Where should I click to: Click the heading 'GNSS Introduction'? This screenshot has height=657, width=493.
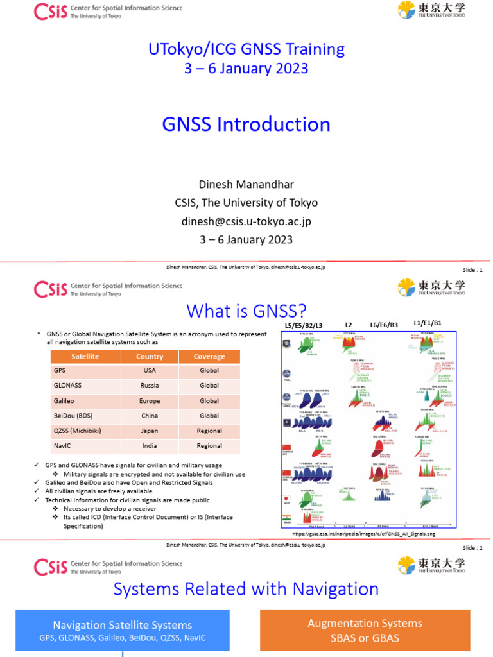pos(246,124)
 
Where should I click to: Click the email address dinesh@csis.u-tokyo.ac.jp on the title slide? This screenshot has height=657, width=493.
pos(246,221)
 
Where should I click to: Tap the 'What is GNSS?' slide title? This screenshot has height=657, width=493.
pos(246,311)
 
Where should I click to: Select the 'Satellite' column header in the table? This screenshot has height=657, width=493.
pos(85,356)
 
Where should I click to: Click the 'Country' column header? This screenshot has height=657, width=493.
pos(150,356)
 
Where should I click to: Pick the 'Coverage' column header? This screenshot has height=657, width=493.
pos(209,356)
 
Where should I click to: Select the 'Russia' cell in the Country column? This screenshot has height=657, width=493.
pos(150,386)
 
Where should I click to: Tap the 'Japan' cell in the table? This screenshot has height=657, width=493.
pos(150,431)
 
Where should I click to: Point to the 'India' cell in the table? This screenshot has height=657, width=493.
pos(150,446)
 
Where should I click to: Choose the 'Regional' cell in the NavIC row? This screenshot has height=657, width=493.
pos(209,446)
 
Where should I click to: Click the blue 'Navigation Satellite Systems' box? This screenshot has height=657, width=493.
pos(122,631)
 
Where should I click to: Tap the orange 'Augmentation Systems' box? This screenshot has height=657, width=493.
pos(365,630)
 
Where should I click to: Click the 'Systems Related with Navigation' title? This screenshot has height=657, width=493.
pos(246,589)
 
